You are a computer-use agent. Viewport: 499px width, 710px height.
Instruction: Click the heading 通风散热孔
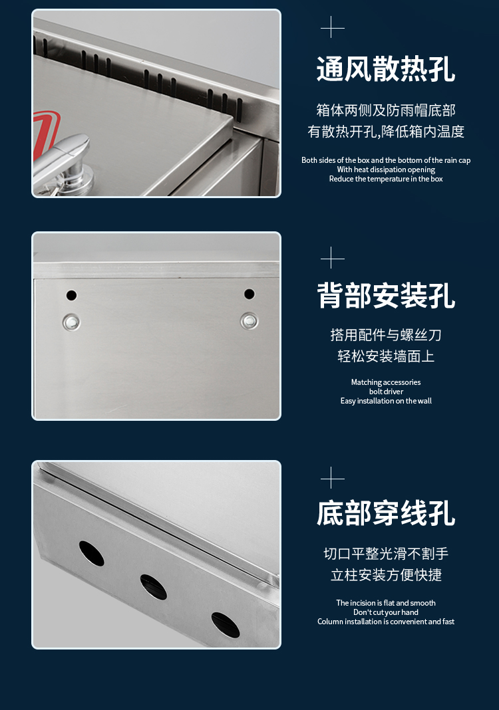click(386, 69)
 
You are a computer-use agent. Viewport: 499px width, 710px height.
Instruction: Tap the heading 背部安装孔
click(386, 295)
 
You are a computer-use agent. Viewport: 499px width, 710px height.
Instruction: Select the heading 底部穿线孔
click(386, 513)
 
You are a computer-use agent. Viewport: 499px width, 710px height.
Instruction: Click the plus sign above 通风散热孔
click(332, 27)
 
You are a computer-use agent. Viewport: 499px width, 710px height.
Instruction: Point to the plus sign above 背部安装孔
click(332, 258)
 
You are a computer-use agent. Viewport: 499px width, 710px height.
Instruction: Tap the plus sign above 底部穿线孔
click(332, 478)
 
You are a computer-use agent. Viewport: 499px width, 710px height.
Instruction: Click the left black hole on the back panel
click(71, 295)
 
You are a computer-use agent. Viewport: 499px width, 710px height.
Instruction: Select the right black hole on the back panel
click(249, 295)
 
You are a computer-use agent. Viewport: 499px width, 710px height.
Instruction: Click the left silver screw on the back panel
click(71, 322)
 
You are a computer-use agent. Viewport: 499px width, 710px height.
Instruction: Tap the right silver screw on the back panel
click(249, 321)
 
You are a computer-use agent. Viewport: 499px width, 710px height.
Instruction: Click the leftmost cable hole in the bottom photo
click(92, 553)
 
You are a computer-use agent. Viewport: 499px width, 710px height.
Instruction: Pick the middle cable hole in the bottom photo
click(153, 587)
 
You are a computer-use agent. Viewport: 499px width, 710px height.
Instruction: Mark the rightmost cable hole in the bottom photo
click(226, 626)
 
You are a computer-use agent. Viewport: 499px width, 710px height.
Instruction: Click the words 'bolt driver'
click(386, 392)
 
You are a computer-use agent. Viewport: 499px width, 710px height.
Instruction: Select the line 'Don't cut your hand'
click(386, 612)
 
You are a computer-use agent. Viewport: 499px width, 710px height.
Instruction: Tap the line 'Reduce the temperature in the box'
click(386, 179)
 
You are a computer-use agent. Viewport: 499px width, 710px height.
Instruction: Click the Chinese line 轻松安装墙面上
click(386, 356)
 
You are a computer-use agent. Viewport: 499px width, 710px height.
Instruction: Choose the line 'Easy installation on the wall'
click(386, 401)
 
